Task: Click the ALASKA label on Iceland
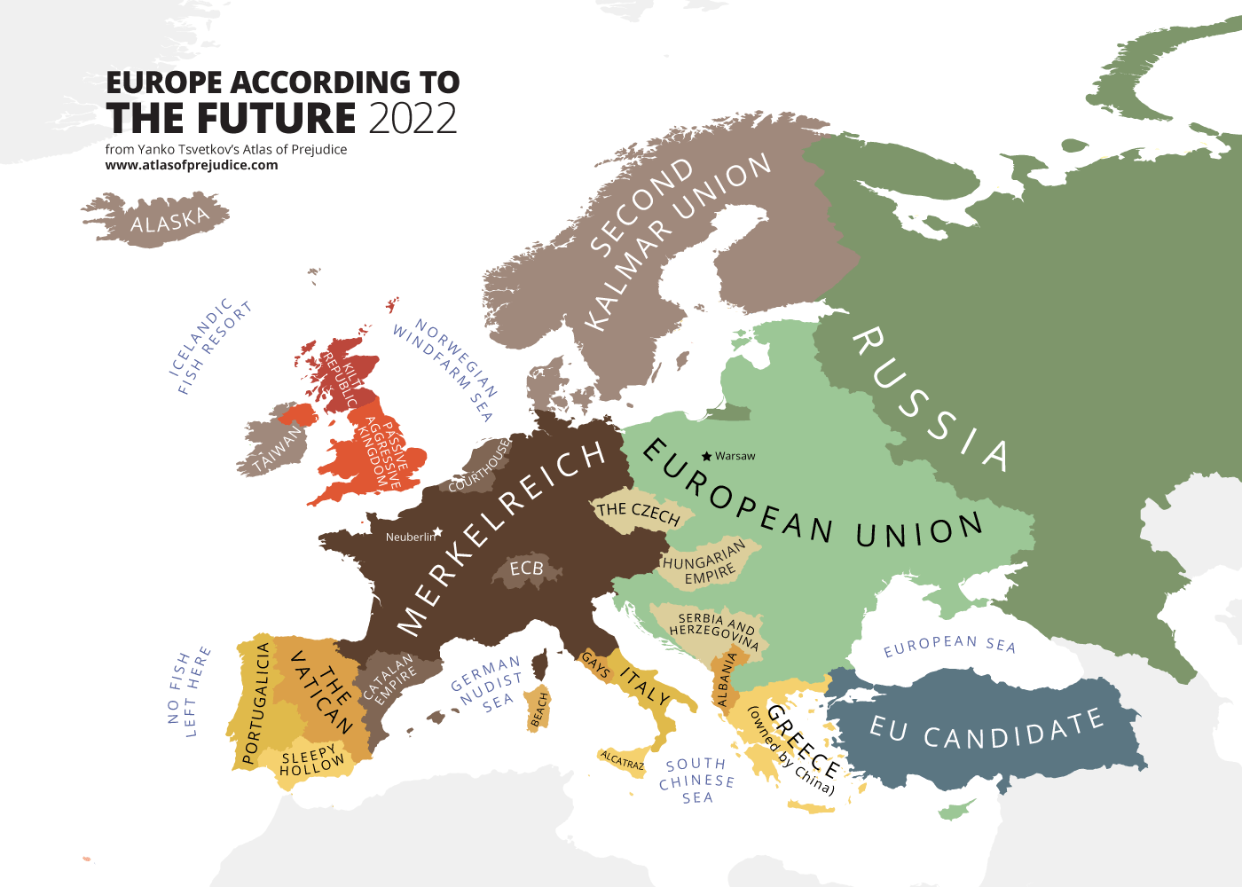[x=169, y=220]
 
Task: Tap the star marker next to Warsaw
[x=706, y=456]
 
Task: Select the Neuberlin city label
[x=411, y=537]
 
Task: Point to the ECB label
[x=526, y=568]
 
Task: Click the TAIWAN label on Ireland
[x=277, y=450]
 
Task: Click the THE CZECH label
[x=638, y=512]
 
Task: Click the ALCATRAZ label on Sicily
[x=622, y=760]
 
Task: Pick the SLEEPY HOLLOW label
[x=311, y=761]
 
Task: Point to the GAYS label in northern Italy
[x=595, y=665]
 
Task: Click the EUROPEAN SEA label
[x=949, y=645]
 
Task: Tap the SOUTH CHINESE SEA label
[x=696, y=781]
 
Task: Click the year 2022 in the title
[x=413, y=118]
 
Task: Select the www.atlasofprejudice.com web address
[x=192, y=165]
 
